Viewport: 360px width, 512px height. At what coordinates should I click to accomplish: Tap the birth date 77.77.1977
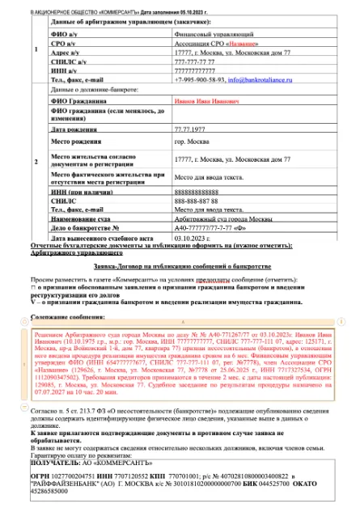click(x=188, y=129)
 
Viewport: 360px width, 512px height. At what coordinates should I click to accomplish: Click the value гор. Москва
click(x=190, y=142)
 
